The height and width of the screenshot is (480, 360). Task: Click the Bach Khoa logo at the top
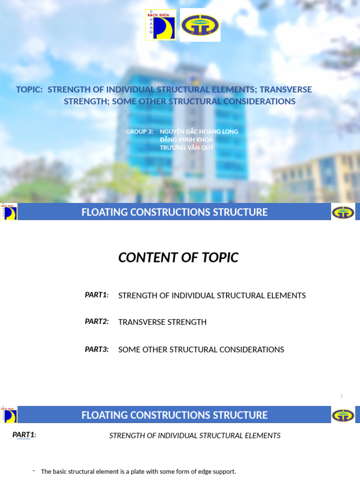pos(161,25)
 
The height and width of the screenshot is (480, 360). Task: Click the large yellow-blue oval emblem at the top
pos(200,25)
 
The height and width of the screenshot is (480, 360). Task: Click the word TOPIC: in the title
pos(30,90)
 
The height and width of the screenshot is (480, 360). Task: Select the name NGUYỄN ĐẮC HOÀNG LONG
pos(199,132)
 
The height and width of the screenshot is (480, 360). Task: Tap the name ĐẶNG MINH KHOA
pos(186,140)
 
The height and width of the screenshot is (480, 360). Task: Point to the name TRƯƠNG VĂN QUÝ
pos(187,148)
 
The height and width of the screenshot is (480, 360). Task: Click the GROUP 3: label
pos(140,132)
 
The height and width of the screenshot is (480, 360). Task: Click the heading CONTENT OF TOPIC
pos(178,257)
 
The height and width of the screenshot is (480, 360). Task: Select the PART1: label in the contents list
pos(97,295)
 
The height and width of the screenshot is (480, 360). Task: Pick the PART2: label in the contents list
pos(97,322)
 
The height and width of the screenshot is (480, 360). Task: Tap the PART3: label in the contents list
pos(97,349)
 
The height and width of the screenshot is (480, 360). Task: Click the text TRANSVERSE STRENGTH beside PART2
pos(162,322)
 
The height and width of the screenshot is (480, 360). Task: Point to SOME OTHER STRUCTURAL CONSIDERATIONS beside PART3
pos(201,350)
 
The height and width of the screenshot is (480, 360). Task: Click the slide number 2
pos(342,397)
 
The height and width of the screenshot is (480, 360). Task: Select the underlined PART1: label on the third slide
pos(24,435)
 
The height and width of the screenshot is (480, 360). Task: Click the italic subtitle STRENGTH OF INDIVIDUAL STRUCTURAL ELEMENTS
pos(195,435)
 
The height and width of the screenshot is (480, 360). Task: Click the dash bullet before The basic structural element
pos(34,471)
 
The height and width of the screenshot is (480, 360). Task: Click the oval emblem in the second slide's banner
pos(343,212)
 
